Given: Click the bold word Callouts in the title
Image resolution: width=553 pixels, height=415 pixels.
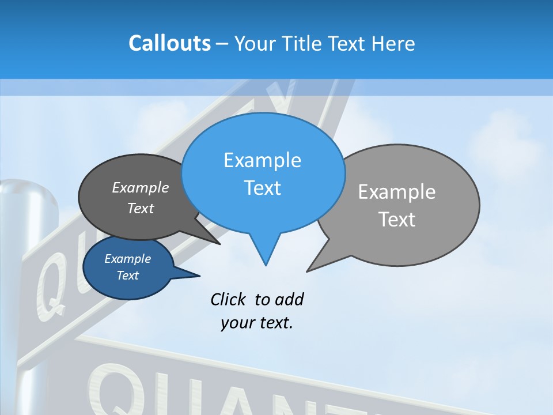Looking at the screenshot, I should tap(169, 44).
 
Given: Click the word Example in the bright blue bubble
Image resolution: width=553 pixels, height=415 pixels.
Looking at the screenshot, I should tap(262, 160).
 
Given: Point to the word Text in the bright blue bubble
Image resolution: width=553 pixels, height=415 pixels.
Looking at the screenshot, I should tap(262, 188).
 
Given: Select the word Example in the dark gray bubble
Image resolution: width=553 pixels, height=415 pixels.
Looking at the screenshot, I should tap(141, 187).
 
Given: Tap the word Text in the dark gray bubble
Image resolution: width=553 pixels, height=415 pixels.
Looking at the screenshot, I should tap(141, 208).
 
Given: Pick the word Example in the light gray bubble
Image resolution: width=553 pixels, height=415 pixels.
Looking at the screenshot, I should tap(397, 192).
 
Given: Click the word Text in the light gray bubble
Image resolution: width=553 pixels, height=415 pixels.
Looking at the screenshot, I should tap(397, 220).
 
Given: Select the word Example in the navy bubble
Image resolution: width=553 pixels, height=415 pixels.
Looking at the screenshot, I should tap(127, 259).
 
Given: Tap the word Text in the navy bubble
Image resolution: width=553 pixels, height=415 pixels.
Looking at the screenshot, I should tap(127, 276).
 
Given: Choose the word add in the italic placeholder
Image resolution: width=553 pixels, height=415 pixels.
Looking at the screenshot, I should tap(289, 299).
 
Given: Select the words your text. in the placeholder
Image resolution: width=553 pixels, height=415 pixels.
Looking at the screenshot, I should tap(257, 323).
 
